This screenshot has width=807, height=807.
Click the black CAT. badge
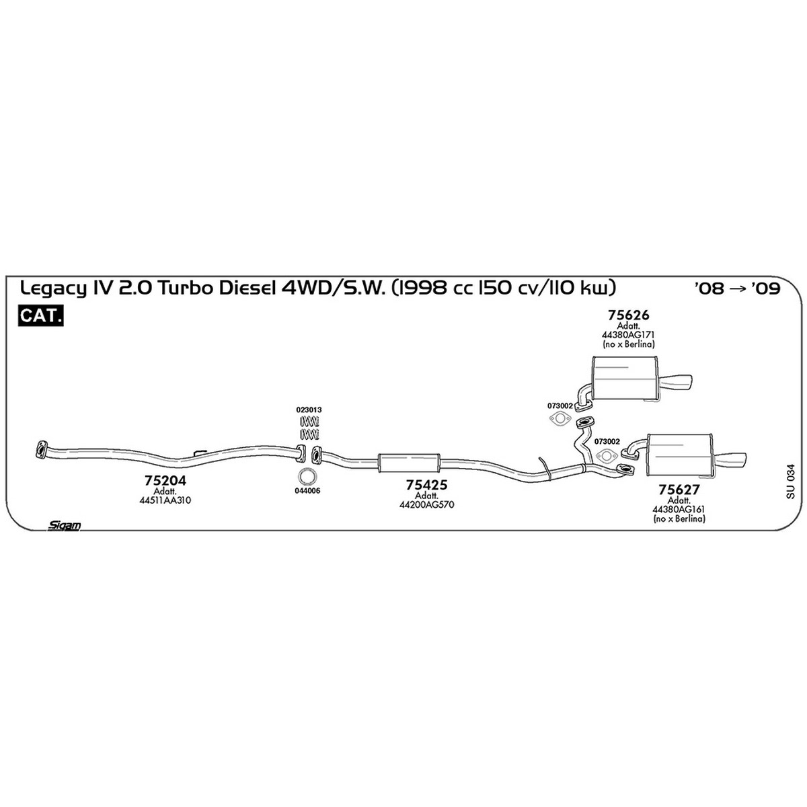[x=40, y=316]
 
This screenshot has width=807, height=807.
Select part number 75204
[x=165, y=480]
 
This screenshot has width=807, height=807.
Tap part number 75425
[x=426, y=484]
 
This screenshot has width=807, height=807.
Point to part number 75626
[x=628, y=315]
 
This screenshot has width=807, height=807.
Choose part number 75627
[x=679, y=489]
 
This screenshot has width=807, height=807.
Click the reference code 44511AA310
[x=165, y=500]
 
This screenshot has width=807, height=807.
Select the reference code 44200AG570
[x=426, y=504]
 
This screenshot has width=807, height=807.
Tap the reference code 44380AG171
[x=628, y=335]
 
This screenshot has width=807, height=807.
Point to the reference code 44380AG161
[x=679, y=509]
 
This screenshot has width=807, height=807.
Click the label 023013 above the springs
[x=309, y=410]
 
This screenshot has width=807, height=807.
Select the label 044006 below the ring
[x=308, y=491]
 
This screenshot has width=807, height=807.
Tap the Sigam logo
[x=64, y=525]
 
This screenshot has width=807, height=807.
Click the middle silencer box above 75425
[x=409, y=463]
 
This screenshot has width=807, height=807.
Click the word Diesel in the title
[x=247, y=288]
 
